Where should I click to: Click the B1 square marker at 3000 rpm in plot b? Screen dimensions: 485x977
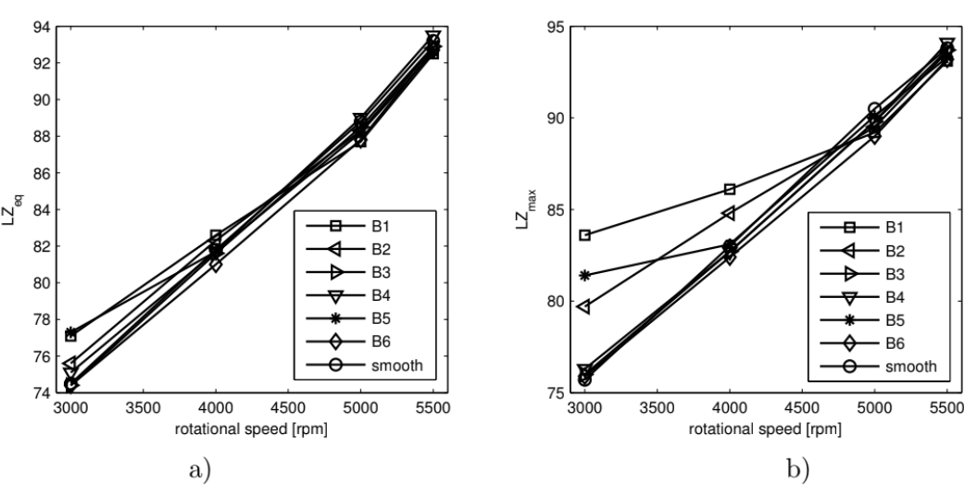585,235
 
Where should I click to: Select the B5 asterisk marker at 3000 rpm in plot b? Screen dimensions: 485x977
585,275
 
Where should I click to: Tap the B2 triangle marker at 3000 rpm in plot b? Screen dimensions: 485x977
584,306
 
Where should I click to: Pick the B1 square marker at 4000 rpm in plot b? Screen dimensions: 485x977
730,189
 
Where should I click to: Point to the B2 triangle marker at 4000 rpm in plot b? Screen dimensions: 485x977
729,213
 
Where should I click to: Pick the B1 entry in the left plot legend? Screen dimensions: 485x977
370,225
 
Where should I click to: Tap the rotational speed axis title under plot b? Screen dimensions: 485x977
765,429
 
